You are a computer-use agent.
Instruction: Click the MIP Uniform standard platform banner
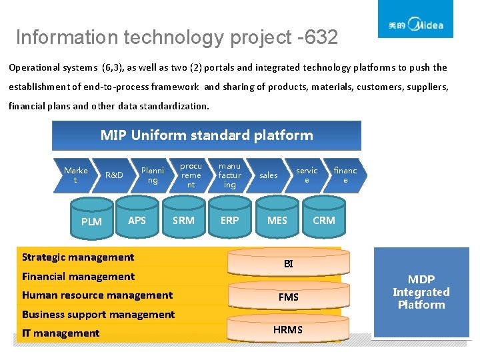click(x=207, y=135)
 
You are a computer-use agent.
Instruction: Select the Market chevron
click(x=75, y=175)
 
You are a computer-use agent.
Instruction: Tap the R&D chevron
click(x=114, y=175)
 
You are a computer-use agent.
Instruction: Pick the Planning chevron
click(x=153, y=175)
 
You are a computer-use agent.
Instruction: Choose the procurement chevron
click(x=191, y=175)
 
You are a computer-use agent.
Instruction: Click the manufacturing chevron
click(x=230, y=175)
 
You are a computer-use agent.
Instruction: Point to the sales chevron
click(x=269, y=175)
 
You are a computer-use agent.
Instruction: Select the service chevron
click(x=307, y=175)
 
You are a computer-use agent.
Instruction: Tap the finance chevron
click(x=345, y=175)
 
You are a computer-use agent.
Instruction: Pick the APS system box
click(x=137, y=220)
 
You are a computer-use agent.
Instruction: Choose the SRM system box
click(x=183, y=220)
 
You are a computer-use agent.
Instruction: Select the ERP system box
click(x=229, y=220)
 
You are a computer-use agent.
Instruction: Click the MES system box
click(x=277, y=220)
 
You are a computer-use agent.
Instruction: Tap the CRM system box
click(x=324, y=220)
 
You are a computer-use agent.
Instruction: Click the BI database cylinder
click(x=289, y=263)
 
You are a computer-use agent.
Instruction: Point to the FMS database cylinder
click(x=289, y=297)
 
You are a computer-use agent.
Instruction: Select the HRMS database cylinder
click(x=289, y=329)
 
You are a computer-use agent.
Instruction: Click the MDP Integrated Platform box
click(x=421, y=292)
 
